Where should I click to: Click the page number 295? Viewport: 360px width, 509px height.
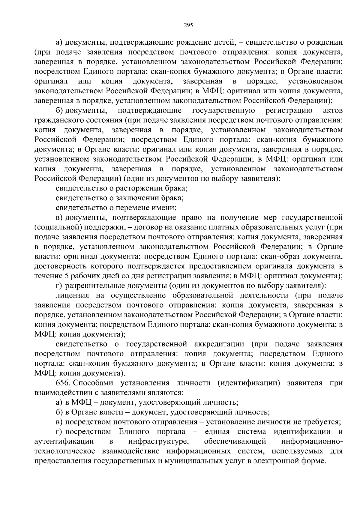pos(188,25)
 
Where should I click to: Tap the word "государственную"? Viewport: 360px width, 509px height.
pos(223,110)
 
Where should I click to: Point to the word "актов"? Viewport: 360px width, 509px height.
pos(333,110)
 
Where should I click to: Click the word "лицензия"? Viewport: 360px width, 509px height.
pos(72,295)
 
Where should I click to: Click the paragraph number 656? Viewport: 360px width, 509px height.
pos(62,383)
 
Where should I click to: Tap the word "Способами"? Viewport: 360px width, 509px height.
pos(92,383)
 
